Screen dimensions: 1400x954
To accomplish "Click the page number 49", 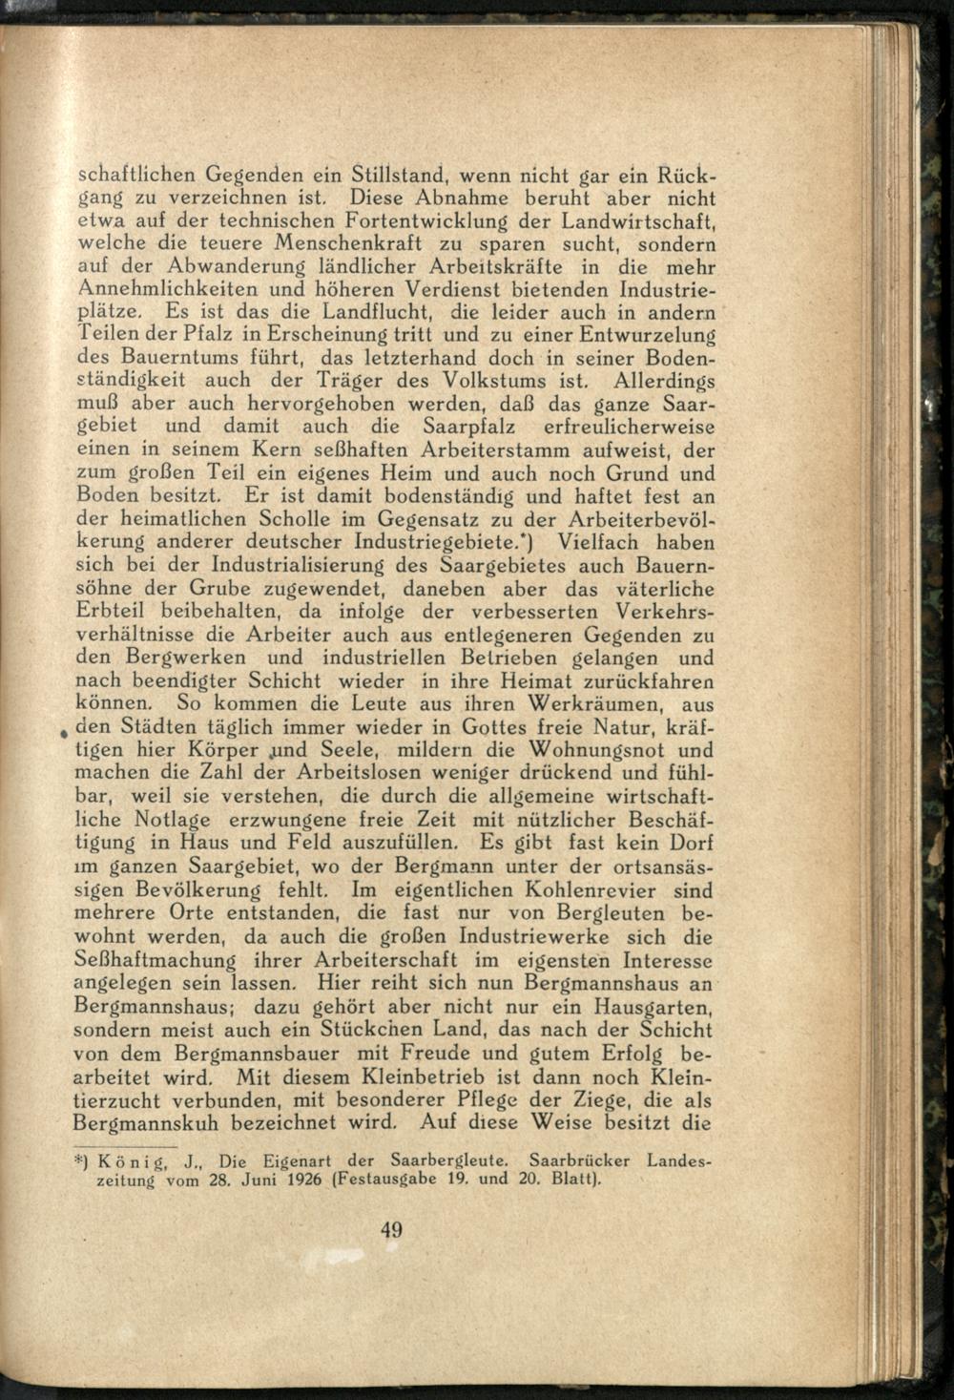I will click(391, 1229).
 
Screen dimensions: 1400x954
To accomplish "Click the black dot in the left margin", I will click(61, 732).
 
